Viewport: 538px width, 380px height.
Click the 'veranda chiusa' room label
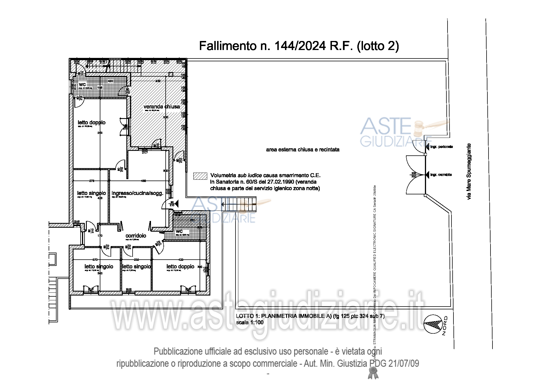(161, 107)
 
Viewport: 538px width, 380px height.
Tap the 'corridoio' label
(136, 236)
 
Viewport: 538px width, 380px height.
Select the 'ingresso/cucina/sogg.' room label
(137, 193)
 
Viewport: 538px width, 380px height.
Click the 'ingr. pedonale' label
(441, 147)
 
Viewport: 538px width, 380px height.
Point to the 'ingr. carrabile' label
(441, 175)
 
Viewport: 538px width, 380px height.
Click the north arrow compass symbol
(433, 324)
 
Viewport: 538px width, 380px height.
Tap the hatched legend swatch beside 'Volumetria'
(200, 176)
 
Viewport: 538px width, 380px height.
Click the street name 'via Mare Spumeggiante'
(469, 171)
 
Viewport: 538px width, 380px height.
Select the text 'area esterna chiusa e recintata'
(303, 149)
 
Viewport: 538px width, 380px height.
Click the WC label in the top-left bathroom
(82, 84)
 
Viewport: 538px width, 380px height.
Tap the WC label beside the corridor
(179, 231)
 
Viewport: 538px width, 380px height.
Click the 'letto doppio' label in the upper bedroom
(92, 122)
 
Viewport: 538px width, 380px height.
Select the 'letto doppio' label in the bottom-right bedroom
(180, 266)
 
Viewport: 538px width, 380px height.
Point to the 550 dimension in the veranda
(166, 117)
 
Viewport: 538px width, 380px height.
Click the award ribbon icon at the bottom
(373, 373)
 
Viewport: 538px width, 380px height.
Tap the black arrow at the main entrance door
(176, 203)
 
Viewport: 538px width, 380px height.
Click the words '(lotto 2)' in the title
(378, 46)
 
